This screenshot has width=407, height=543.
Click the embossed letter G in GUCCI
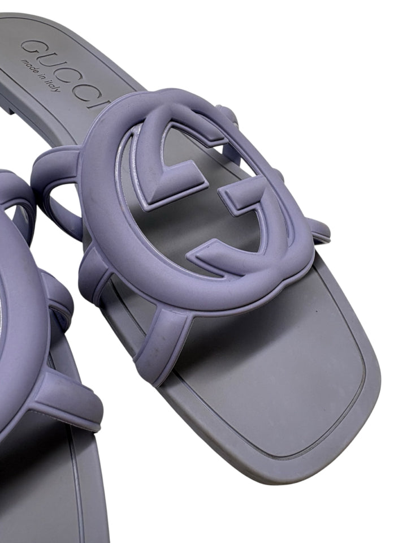click(x=32, y=49)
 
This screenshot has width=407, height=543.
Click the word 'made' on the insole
click(x=28, y=67)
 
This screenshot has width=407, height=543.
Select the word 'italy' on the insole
click(x=51, y=85)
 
